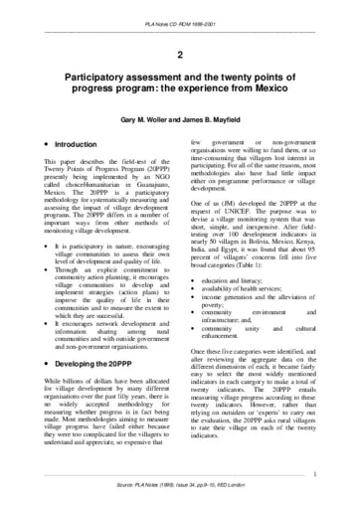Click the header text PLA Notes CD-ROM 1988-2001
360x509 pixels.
point(179,9)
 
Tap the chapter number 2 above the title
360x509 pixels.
point(179,58)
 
